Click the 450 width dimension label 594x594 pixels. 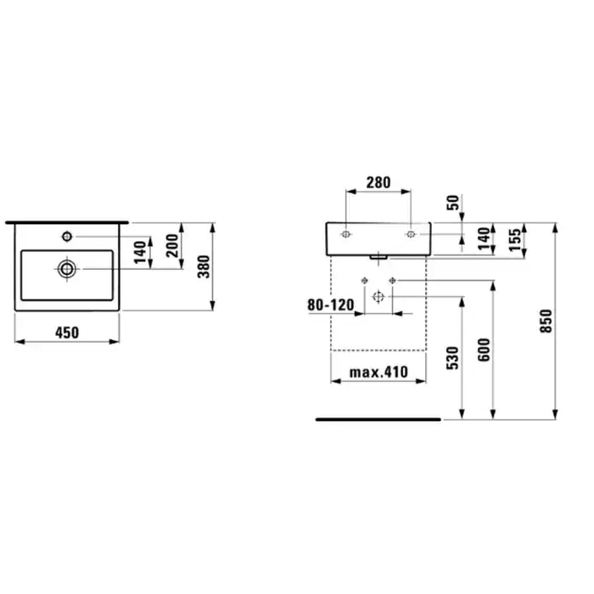(x=67, y=333)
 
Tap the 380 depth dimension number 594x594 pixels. (x=204, y=266)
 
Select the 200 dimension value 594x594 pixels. (x=172, y=245)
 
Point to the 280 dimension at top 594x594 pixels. (x=378, y=182)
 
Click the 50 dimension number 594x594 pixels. (x=453, y=202)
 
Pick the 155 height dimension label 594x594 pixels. (x=515, y=239)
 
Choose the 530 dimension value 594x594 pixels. (x=452, y=358)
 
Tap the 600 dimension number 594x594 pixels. (x=484, y=350)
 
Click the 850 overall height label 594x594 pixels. (x=546, y=322)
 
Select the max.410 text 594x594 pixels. (x=378, y=373)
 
